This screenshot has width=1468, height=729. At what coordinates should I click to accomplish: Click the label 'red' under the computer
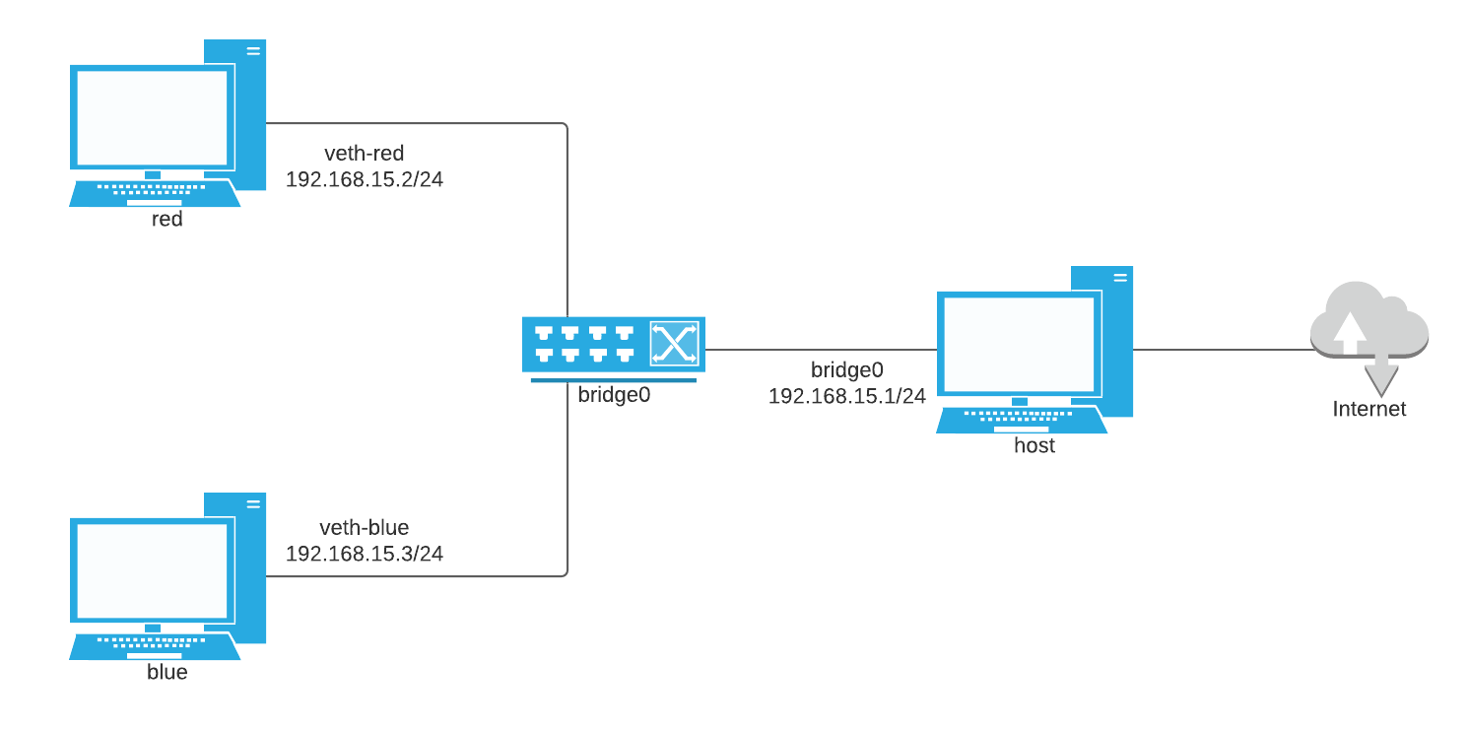tap(167, 219)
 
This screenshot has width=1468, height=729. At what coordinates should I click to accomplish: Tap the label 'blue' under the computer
tap(167, 673)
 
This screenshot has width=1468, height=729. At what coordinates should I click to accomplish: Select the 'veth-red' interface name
tap(365, 154)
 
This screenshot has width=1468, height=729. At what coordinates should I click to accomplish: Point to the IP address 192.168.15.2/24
tap(365, 180)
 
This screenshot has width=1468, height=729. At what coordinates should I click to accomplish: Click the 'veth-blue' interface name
tap(365, 527)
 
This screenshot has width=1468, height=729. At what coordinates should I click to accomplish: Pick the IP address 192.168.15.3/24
tap(365, 554)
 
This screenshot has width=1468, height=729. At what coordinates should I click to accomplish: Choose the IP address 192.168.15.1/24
tap(847, 396)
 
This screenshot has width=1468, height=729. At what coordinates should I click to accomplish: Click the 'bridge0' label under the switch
tap(614, 396)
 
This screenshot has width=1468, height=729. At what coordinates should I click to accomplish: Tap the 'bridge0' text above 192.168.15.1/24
tap(847, 370)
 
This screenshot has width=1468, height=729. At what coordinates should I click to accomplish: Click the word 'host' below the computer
tap(1034, 445)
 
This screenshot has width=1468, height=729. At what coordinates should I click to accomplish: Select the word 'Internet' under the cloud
tap(1369, 409)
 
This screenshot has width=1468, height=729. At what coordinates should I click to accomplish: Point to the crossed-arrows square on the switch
tap(674, 344)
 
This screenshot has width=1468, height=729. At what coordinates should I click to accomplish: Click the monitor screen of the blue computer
tap(152, 571)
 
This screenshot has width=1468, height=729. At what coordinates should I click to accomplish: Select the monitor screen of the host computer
tap(1019, 344)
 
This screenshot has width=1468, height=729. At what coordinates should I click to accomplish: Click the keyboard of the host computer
tap(1021, 420)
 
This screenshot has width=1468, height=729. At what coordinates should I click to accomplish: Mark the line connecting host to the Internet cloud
tap(1222, 349)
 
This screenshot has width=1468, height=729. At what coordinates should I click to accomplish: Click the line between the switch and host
tap(820, 349)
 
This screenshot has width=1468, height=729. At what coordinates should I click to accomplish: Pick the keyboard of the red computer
tap(154, 192)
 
